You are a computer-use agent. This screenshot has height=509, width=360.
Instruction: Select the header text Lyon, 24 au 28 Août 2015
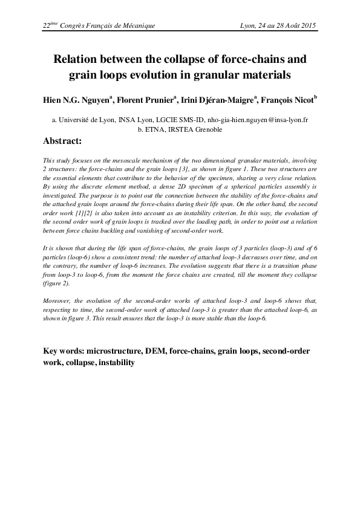tap(279, 26)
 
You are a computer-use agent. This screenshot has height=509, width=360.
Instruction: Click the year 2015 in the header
tap(309, 26)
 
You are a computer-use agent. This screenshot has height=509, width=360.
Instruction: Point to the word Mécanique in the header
tap(137, 26)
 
